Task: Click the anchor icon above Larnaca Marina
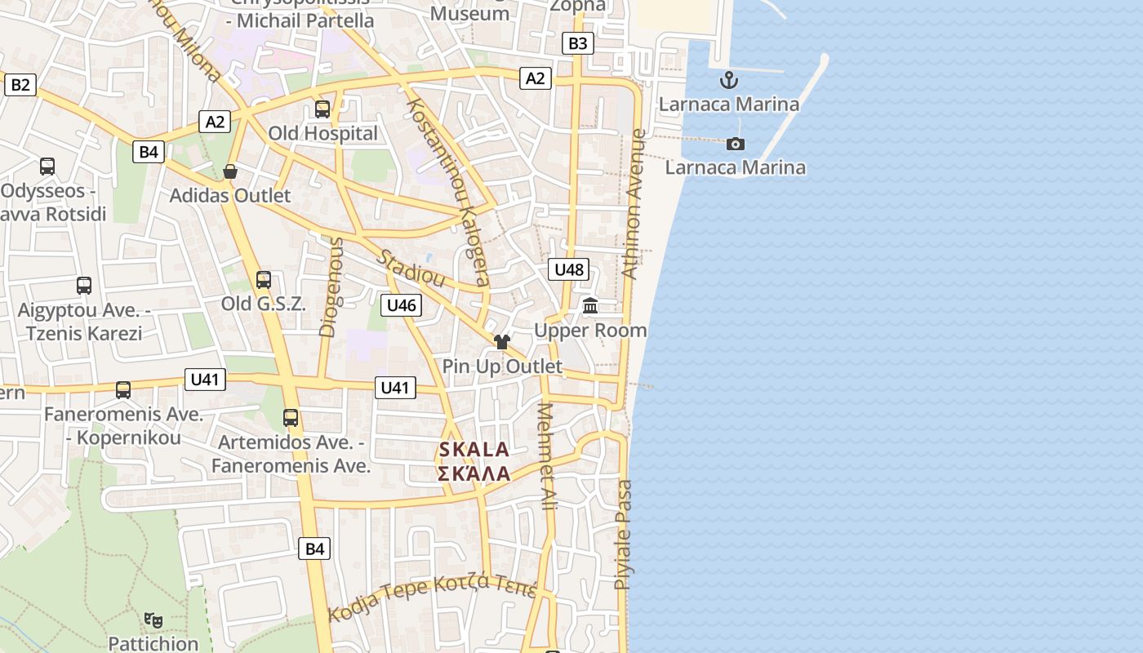(x=728, y=80)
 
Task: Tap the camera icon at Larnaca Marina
(x=736, y=144)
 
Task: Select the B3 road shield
(x=577, y=43)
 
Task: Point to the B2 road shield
(x=20, y=84)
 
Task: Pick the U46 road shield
(x=401, y=305)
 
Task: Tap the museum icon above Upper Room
(x=590, y=305)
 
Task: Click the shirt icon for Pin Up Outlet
(x=501, y=341)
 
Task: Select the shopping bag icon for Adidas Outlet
(x=230, y=171)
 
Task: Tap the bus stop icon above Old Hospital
(x=322, y=109)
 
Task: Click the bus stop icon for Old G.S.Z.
(x=263, y=280)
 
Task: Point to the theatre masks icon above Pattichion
(x=153, y=620)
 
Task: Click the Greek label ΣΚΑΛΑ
(x=474, y=474)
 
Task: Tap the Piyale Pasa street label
(x=624, y=535)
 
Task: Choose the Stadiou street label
(x=411, y=269)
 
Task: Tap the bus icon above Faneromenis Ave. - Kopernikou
(x=122, y=390)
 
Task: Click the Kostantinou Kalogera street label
(x=448, y=193)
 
